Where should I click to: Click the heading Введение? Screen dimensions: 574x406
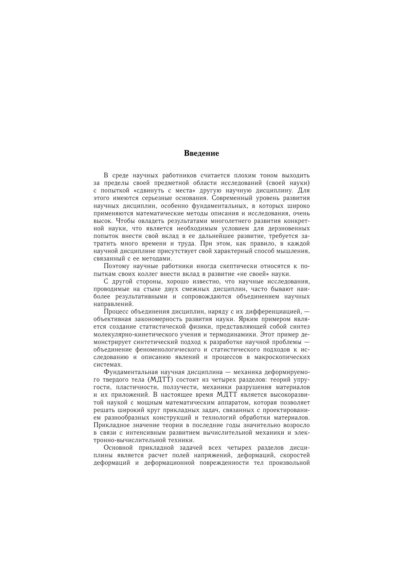click(201, 153)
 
